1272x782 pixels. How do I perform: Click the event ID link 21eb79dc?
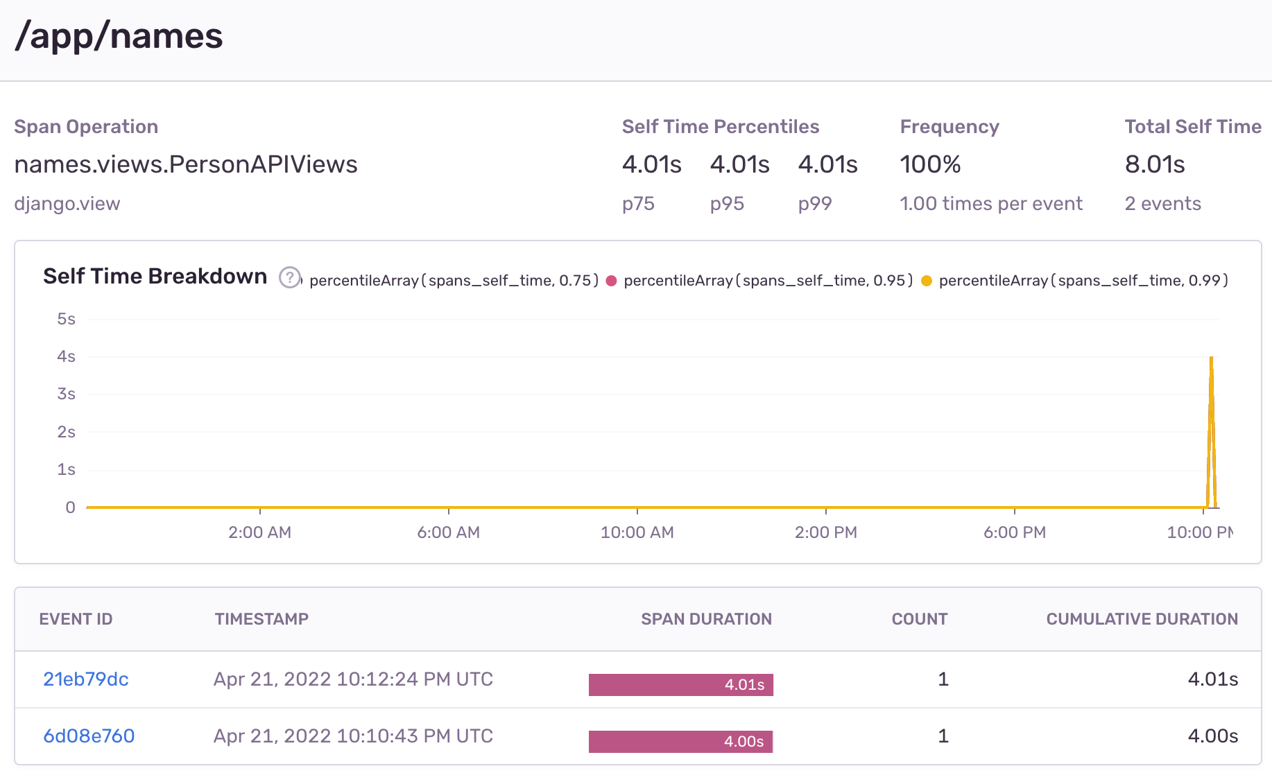[86, 679]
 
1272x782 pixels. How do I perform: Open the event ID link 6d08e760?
[89, 736]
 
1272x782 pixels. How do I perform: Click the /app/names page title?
[119, 36]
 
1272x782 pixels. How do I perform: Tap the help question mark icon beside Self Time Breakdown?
[290, 277]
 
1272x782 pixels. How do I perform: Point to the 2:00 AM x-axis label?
[259, 532]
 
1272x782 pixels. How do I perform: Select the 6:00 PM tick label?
[1014, 532]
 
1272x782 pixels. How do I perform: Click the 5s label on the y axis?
[66, 319]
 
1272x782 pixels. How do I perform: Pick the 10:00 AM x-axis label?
[637, 532]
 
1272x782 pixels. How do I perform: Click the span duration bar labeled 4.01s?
[680, 685]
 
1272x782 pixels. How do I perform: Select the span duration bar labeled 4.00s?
[680, 742]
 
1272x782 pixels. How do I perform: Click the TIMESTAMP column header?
[261, 619]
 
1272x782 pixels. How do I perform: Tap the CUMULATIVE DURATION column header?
[1142, 619]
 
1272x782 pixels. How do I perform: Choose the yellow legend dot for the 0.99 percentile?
[926, 281]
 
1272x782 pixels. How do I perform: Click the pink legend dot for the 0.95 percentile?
[611, 281]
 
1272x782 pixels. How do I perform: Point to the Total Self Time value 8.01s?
[1155, 164]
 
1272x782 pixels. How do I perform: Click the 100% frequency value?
[930, 164]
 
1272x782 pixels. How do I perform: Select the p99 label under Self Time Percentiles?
[814, 204]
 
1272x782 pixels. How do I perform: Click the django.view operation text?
[67, 204]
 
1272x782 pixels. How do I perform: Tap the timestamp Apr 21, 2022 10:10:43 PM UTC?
[353, 736]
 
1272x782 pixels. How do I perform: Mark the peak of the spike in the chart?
[1211, 358]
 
